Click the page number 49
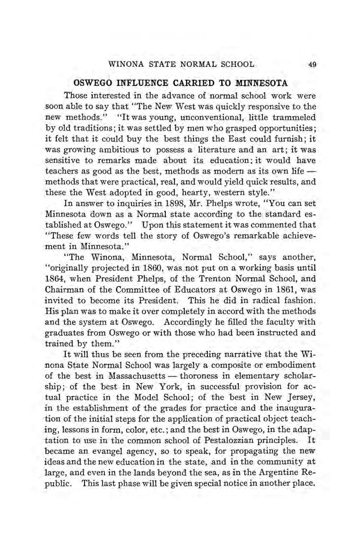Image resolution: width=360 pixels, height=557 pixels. pyautogui.click(x=312, y=65)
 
